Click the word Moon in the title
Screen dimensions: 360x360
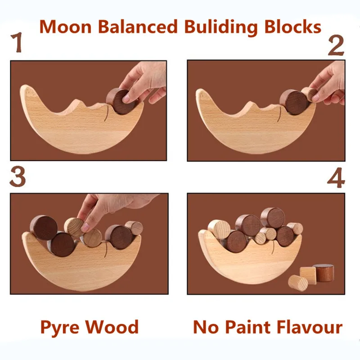[67, 27]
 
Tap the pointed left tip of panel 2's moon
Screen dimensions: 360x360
[199, 92]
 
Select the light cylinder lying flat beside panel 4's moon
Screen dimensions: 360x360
[298, 283]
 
